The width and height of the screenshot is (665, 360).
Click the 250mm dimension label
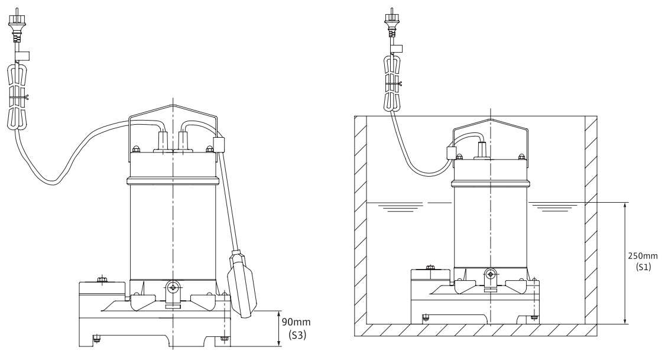[x=643, y=256]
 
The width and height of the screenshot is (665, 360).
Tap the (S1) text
[x=643, y=267]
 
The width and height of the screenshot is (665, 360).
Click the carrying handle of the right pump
[x=490, y=124]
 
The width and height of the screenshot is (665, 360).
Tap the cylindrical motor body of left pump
[x=172, y=225]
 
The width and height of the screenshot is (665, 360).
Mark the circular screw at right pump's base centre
[x=490, y=274]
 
